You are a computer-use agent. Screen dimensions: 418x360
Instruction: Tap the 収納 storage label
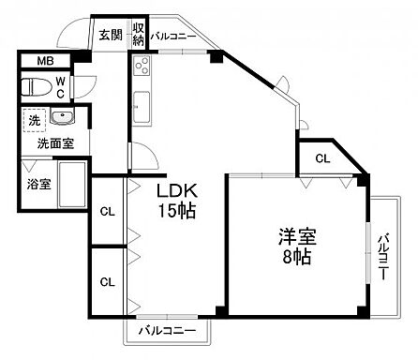(x=138, y=37)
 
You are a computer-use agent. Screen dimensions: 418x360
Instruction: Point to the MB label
(x=45, y=63)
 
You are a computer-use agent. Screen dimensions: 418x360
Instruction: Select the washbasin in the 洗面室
(x=63, y=119)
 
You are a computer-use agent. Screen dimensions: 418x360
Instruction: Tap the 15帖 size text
(x=175, y=211)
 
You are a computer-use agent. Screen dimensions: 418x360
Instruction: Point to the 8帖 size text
(x=297, y=257)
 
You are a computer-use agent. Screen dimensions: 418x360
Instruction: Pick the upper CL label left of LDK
(x=107, y=211)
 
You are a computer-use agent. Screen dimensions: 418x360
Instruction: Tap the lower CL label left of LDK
(x=107, y=281)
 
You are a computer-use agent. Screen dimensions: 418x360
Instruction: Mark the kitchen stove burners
(x=142, y=66)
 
